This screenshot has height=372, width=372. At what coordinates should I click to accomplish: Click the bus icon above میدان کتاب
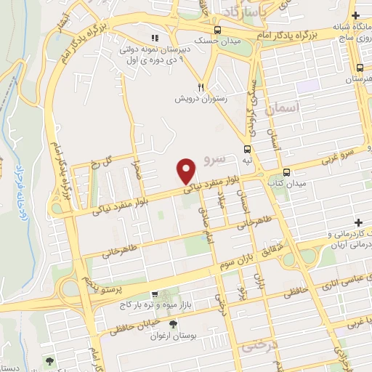pos(287,173)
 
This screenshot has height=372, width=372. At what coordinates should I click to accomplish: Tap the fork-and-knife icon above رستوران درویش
pos(190,84)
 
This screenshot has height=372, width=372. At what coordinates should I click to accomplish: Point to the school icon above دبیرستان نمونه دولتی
pos(153,38)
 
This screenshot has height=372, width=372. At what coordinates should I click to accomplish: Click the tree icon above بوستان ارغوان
pos(173,325)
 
